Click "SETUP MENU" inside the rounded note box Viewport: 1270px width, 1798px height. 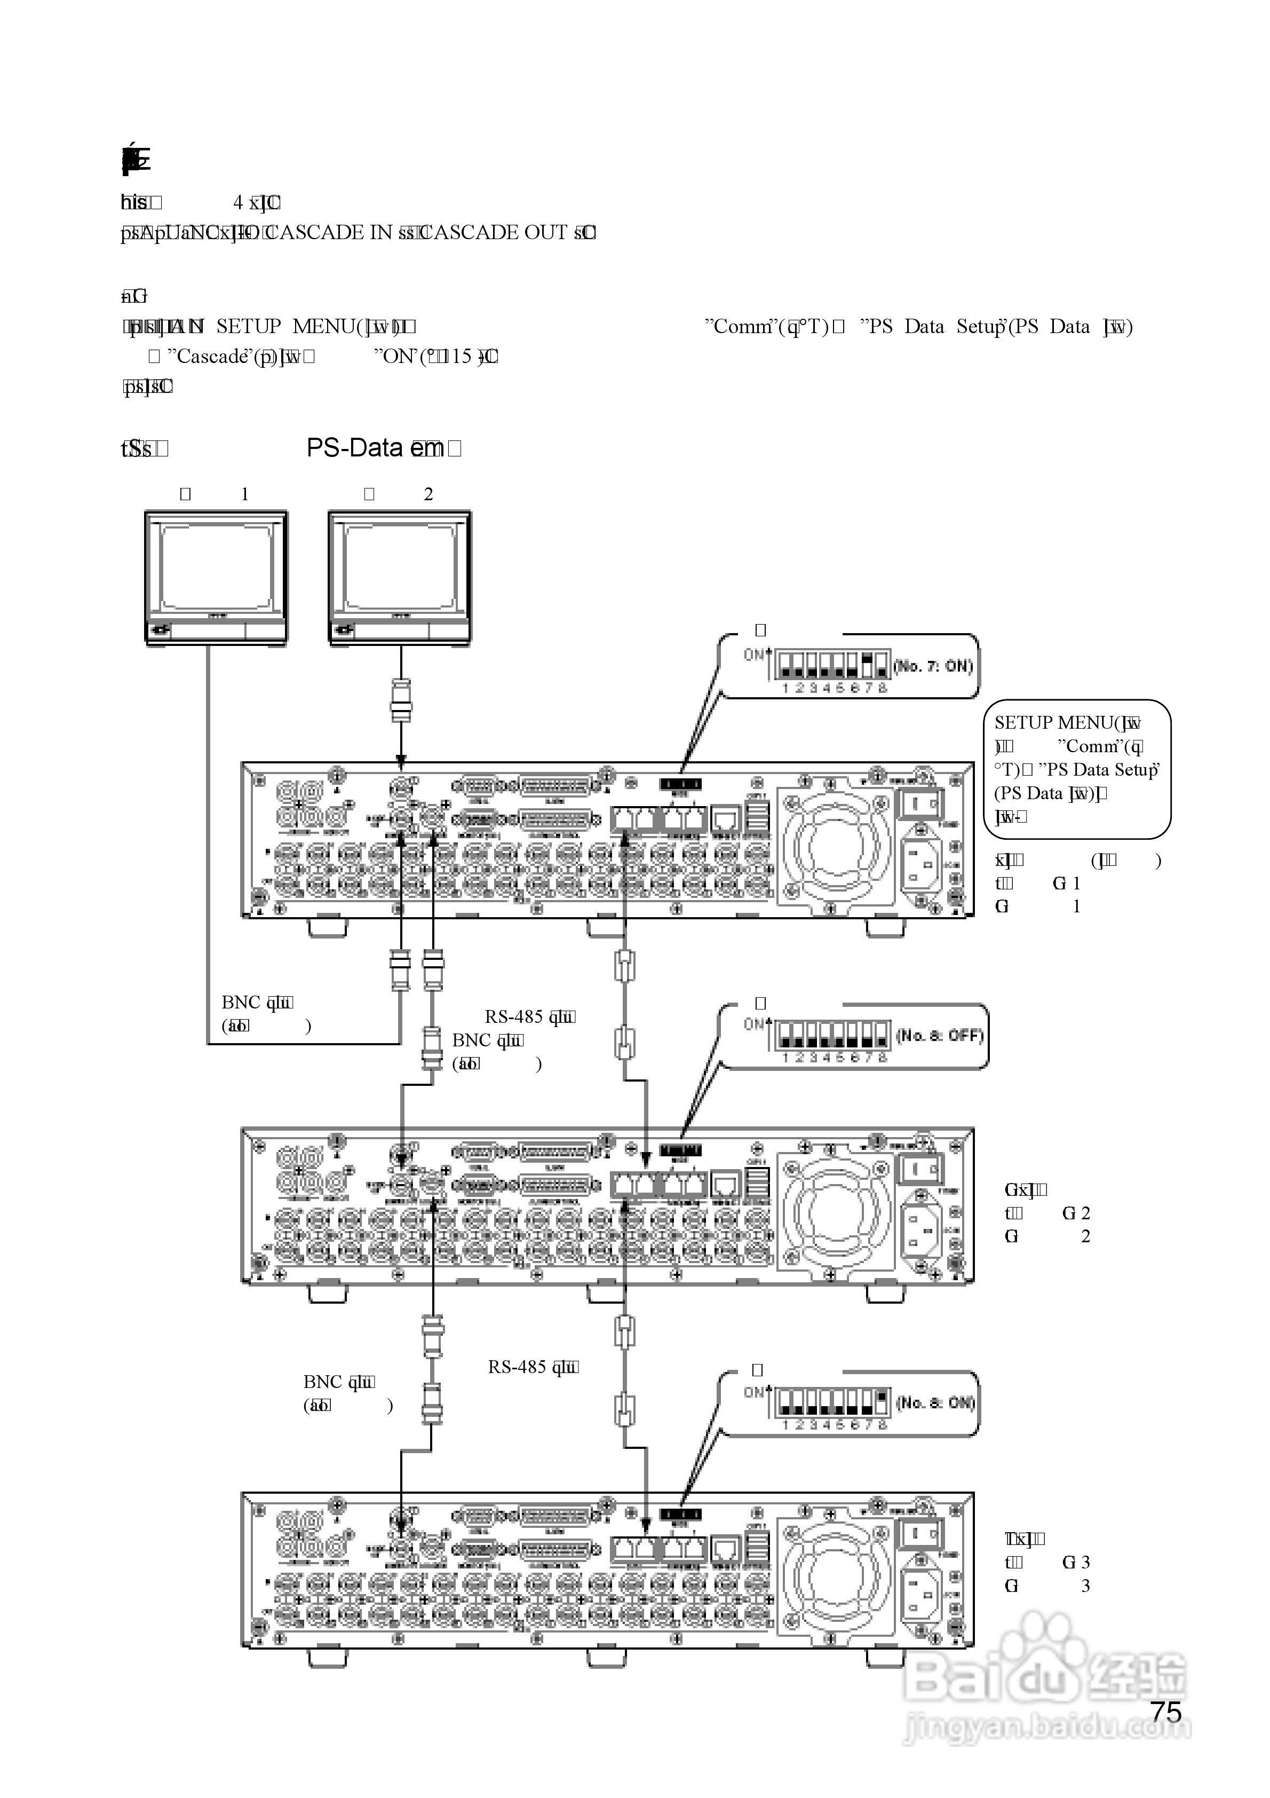coord(1052,723)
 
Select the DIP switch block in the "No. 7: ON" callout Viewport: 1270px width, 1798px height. coord(831,666)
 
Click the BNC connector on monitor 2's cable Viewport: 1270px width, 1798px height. coord(401,701)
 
